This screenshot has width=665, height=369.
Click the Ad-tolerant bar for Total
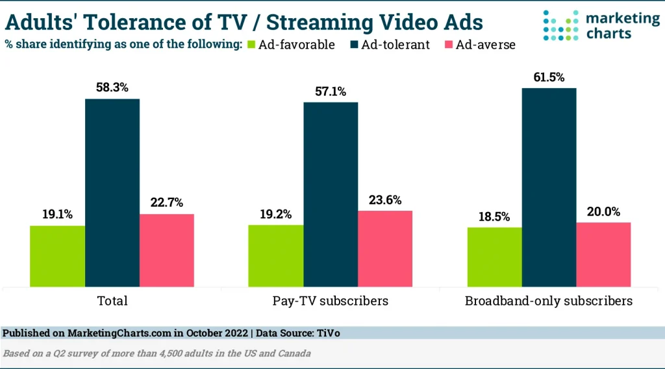coord(112,193)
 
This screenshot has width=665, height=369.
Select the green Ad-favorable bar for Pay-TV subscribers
coord(276,256)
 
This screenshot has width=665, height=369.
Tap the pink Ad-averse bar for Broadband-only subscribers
coord(603,254)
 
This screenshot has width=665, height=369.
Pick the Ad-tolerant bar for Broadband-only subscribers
coord(549,187)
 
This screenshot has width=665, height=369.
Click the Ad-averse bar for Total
coord(167,250)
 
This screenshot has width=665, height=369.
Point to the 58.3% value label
coord(112,86)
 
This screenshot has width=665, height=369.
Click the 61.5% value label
coord(549,75)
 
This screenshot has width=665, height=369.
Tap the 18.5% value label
coord(494,215)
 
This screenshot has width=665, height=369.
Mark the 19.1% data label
coord(58,213)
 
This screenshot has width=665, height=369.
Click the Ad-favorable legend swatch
coord(250,45)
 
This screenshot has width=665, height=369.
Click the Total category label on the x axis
coord(112,301)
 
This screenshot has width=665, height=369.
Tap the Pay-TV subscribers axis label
coord(331,301)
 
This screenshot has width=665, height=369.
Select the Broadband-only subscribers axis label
coord(549,301)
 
